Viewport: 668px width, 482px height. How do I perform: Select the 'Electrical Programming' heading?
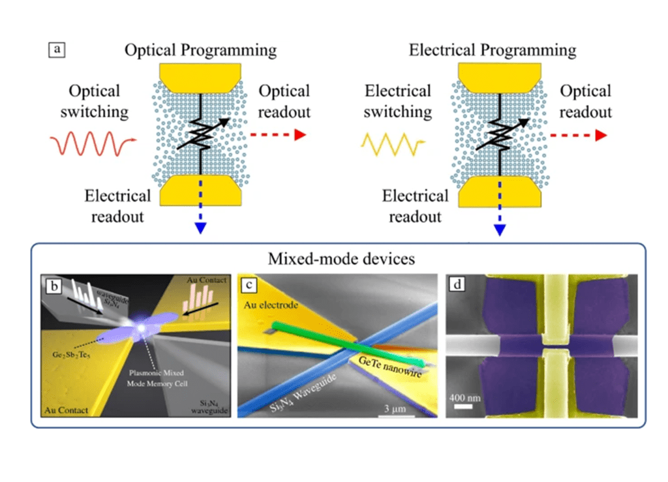click(493, 50)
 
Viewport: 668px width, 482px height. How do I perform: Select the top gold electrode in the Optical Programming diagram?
click(201, 77)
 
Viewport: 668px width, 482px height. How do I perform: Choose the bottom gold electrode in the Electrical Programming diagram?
click(501, 192)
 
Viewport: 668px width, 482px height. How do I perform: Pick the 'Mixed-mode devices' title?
click(341, 260)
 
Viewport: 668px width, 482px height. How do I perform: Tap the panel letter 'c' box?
click(249, 285)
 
